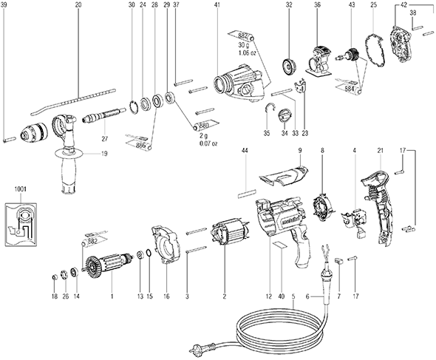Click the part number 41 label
click(217, 4)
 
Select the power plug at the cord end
click(197, 347)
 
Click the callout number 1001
click(20, 189)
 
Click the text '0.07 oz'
click(208, 144)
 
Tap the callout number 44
click(245, 151)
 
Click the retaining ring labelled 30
click(134, 107)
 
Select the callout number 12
click(268, 296)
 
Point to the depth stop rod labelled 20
click(73, 101)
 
